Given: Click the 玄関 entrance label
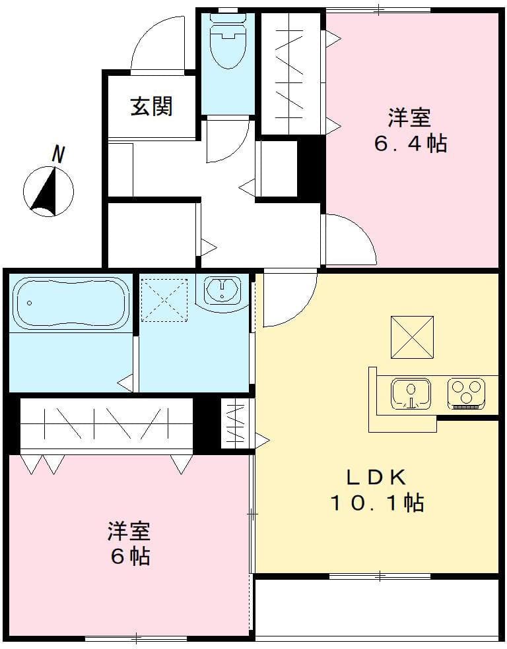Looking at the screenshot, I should (x=151, y=106).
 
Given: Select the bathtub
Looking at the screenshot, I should (x=71, y=303).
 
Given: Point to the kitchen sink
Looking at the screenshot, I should (x=411, y=394).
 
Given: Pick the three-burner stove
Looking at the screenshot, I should (x=466, y=393).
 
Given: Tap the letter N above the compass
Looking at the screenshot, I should (x=58, y=154).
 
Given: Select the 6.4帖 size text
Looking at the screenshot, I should (x=410, y=143).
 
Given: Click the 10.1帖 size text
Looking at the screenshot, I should (x=377, y=503).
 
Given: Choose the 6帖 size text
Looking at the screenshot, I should (x=129, y=556).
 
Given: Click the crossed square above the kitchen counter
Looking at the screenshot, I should (x=412, y=338).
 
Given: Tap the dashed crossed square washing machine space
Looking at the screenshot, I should (x=164, y=299).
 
